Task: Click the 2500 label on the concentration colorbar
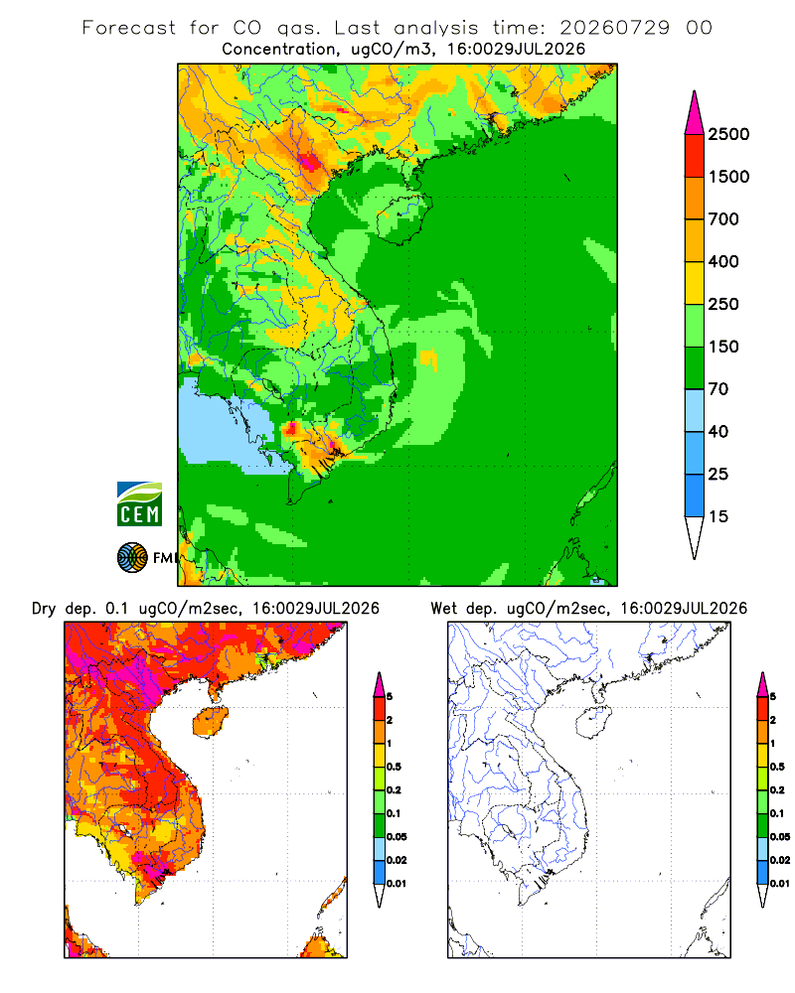[728, 134]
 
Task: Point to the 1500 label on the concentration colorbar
[728, 177]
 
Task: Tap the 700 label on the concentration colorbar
[723, 219]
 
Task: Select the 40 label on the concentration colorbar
[718, 431]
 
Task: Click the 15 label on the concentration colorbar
[718, 516]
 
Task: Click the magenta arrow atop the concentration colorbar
[695, 113]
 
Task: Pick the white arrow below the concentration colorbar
[695, 538]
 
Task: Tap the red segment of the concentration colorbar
[695, 156]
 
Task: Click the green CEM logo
[139, 503]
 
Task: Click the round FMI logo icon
[132, 558]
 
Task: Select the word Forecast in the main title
[129, 28]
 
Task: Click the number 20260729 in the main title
[614, 28]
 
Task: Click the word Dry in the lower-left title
[44, 609]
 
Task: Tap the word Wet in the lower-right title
[443, 609]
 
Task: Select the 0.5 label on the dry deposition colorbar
[394, 767]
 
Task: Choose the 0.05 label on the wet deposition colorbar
[780, 836]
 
